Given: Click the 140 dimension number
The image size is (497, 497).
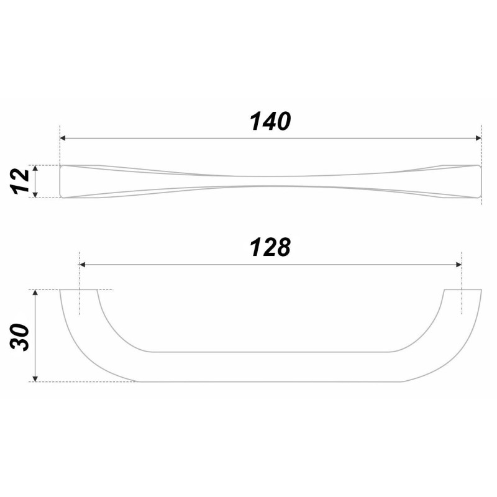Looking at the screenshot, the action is click(x=270, y=121).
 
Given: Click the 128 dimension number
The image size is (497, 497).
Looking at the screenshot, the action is click(x=270, y=247).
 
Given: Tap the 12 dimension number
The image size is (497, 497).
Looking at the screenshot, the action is click(x=20, y=181).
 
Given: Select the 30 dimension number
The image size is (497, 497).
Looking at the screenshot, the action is click(x=20, y=337).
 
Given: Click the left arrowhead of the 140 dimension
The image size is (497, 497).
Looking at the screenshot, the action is click(x=63, y=138).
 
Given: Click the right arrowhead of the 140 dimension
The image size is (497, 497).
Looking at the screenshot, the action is click(x=478, y=138).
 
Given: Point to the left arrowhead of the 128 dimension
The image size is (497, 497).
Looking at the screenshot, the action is click(x=83, y=265).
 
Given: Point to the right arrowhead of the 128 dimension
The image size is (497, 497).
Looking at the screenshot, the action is click(x=458, y=265).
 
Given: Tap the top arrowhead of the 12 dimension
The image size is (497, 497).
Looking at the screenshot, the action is click(x=35, y=168).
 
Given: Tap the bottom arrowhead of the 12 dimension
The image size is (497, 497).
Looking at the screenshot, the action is click(x=35, y=194).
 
